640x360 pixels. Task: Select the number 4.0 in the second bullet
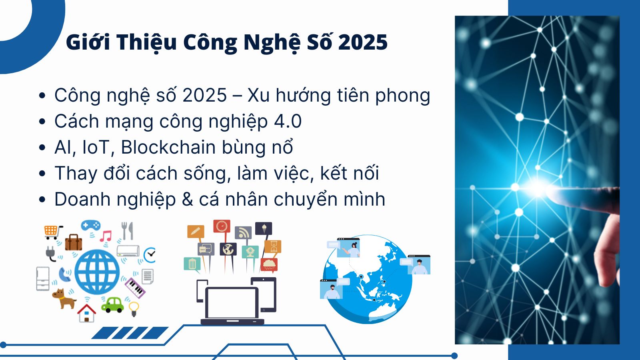288,121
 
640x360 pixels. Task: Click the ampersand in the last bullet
187,199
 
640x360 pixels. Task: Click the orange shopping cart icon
53,232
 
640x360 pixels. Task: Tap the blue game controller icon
90,225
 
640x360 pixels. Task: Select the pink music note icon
106,236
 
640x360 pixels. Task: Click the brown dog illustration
64,298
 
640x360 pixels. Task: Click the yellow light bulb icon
134,309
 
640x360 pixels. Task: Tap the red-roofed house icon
86,313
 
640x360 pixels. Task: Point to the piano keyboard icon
135,288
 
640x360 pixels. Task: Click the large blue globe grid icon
97,272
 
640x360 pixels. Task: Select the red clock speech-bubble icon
222,226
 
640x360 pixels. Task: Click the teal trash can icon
192,264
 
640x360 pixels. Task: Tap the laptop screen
232,303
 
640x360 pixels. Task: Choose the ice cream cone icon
264,228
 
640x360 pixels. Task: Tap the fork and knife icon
127,231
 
